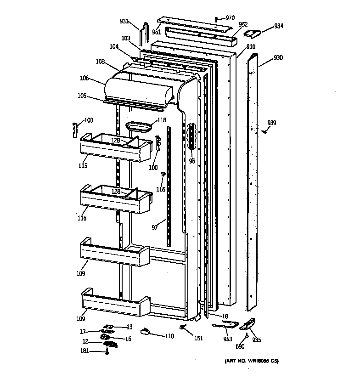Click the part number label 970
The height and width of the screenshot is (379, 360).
point(230,18)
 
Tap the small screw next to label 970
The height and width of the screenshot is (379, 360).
point(216,19)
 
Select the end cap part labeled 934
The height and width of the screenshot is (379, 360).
point(252,33)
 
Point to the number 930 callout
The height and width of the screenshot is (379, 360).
point(278,58)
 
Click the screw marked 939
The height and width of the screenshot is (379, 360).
point(265,131)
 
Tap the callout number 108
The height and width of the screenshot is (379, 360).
point(101,61)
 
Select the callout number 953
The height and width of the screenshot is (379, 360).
point(227,339)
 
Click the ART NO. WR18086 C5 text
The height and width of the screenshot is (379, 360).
point(251,361)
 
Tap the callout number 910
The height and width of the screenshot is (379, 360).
point(251,47)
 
